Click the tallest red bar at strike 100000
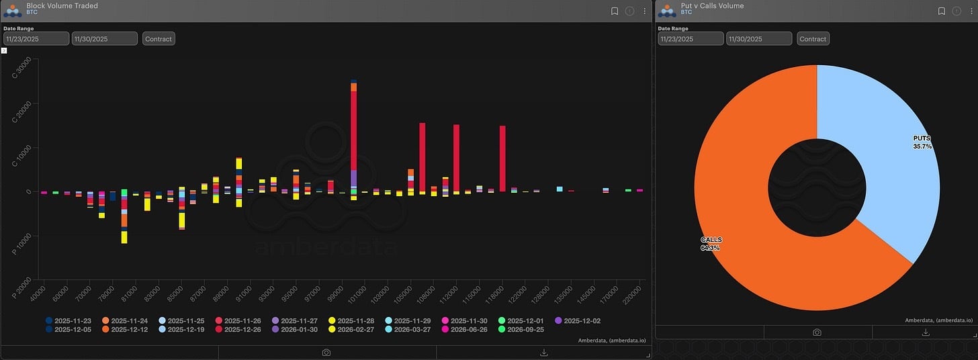tap(353, 128)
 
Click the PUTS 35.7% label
tap(922, 142)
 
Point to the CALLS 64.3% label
tap(711, 244)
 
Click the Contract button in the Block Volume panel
tap(159, 39)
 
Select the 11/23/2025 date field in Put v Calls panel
tap(691, 39)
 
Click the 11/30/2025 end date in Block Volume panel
tap(104, 39)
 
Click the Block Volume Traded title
tap(62, 6)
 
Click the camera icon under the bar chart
tap(326, 353)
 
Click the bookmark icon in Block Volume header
tap(615, 11)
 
